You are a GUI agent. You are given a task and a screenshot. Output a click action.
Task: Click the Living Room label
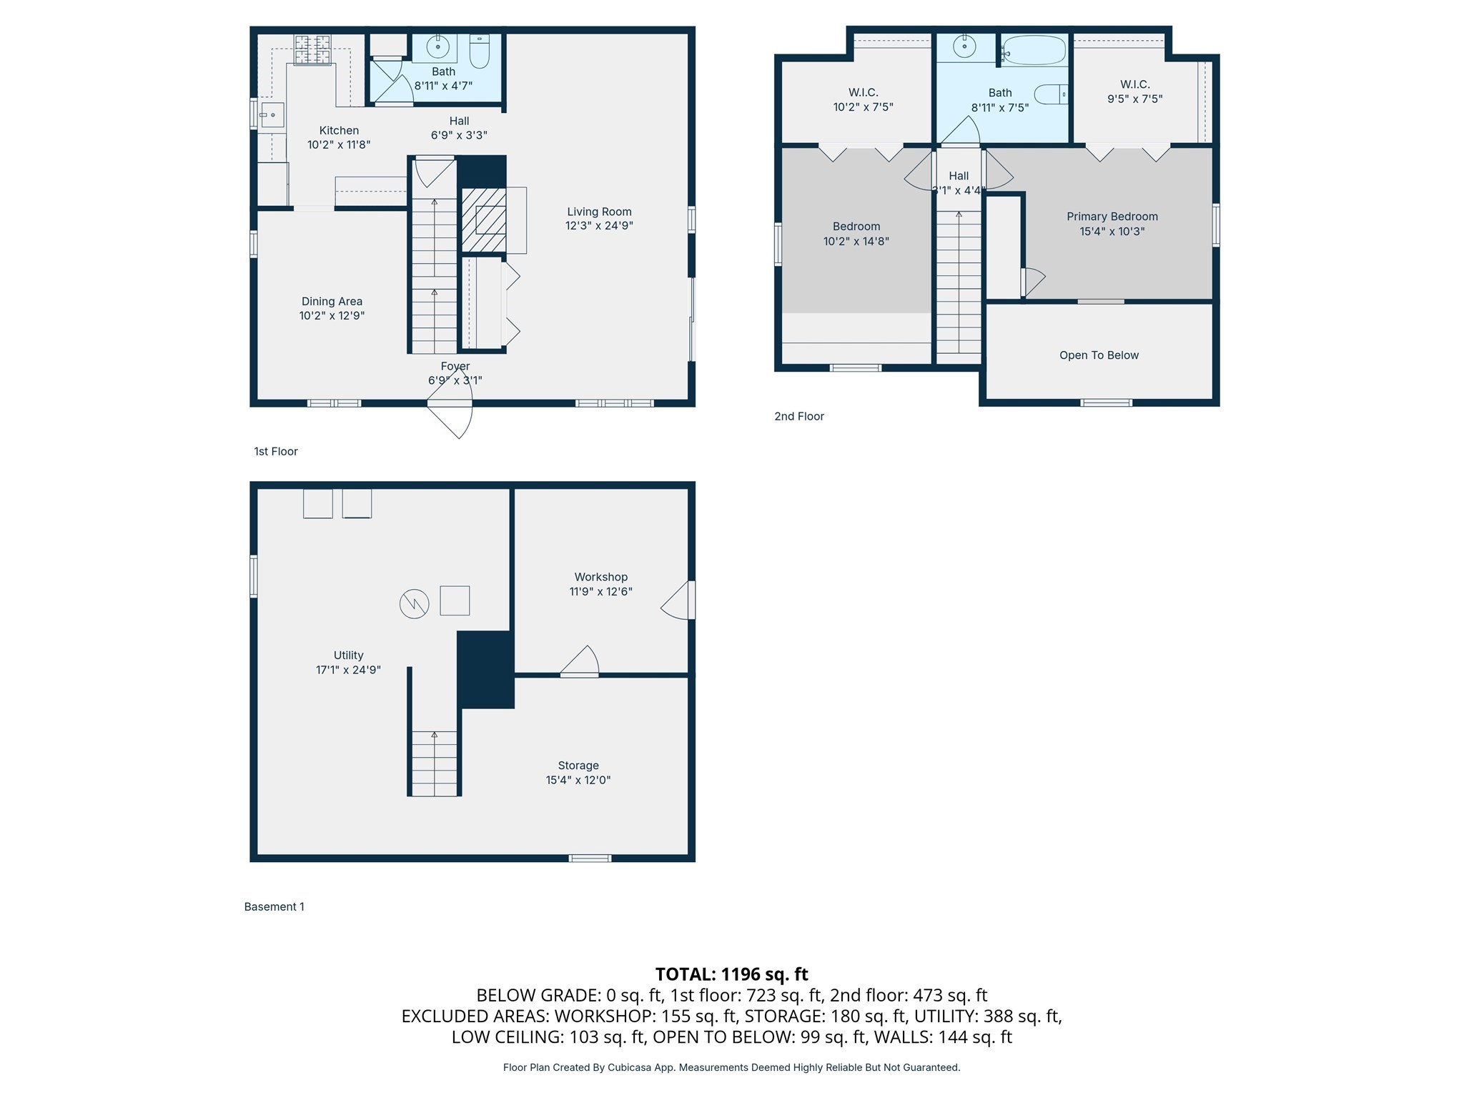point(599,212)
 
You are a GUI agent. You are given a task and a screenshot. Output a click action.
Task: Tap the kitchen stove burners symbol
point(313,49)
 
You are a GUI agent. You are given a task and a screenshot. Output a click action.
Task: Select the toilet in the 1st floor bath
point(480,51)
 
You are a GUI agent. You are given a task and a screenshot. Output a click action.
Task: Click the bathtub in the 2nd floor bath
point(1034,51)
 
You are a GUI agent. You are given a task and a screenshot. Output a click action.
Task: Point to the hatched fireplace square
point(484,219)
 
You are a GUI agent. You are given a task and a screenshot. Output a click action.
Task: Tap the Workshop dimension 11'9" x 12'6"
point(600,591)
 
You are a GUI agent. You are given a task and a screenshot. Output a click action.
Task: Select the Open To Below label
point(1099,355)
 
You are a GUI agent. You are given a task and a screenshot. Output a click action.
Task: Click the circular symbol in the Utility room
point(414,604)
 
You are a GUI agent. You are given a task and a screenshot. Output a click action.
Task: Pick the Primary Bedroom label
point(1112,217)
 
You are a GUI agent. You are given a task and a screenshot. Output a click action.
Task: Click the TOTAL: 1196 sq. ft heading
point(731,974)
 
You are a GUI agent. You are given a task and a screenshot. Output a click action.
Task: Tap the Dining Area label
point(332,301)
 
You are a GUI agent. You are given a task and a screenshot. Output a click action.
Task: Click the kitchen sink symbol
point(272,114)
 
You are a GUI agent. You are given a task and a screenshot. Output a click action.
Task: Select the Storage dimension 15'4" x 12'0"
point(578,780)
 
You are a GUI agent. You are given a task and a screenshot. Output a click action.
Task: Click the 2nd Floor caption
point(799,416)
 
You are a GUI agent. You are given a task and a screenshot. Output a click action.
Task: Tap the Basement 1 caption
point(274,906)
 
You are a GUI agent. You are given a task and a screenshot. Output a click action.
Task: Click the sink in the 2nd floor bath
point(964,48)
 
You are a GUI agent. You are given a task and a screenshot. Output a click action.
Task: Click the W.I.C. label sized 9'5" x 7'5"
point(1134,84)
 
